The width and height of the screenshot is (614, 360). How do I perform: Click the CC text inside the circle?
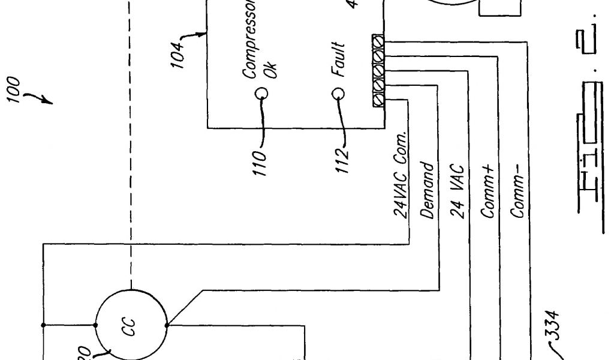[x=131, y=325]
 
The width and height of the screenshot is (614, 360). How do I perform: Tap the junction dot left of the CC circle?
[x=96, y=325]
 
